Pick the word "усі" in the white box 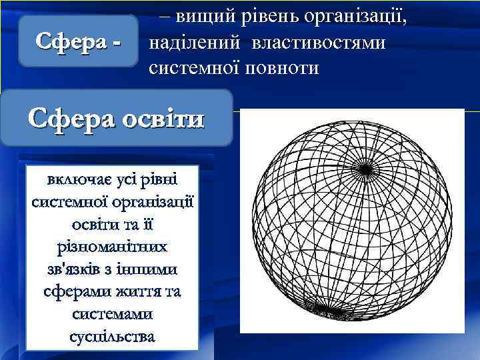coord(129,180)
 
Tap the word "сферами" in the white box coord(74,292)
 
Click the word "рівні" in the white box coord(163,180)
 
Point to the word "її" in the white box coord(149,224)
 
